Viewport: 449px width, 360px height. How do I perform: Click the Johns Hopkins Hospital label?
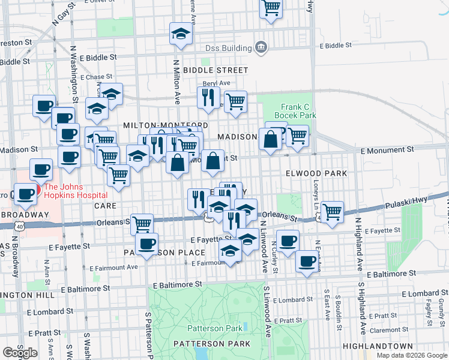75,190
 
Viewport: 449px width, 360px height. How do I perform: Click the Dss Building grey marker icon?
261,47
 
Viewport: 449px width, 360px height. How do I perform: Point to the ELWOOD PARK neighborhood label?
316,173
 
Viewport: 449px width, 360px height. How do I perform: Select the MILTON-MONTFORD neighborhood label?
165,125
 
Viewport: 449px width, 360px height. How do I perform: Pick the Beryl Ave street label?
216,83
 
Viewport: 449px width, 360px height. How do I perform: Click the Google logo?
20,353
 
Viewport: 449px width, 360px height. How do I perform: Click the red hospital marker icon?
38,190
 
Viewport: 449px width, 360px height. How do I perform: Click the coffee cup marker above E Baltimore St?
307,262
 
